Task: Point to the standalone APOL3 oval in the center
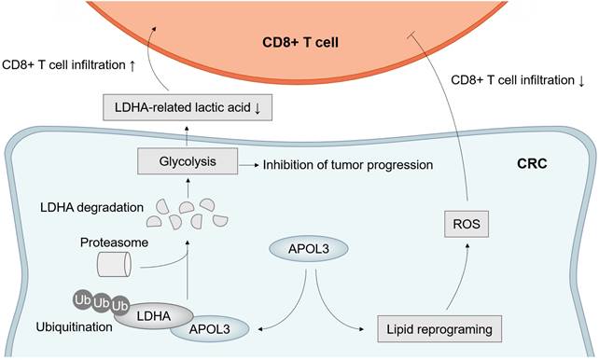click(x=303, y=248)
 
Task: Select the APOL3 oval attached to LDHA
click(x=213, y=327)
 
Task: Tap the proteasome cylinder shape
click(x=116, y=263)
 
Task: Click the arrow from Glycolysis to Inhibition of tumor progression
click(x=246, y=164)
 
